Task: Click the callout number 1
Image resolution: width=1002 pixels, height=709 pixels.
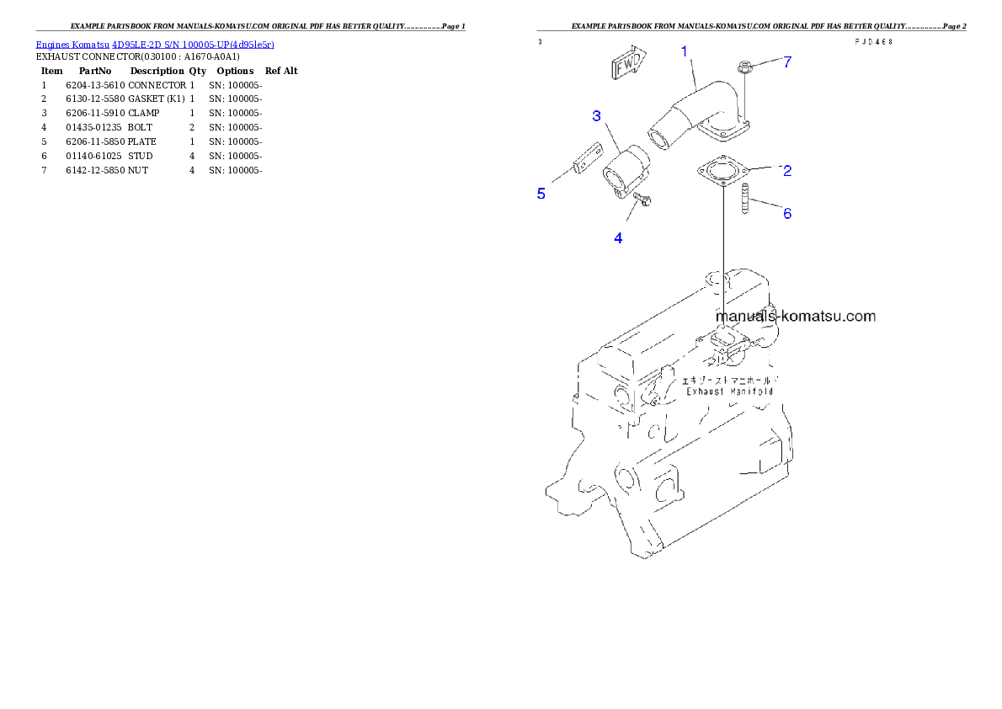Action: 685,51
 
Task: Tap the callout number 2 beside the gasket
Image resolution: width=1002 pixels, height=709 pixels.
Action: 787,172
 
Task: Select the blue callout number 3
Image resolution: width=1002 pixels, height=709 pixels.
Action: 596,116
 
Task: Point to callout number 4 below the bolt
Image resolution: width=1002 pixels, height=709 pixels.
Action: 618,238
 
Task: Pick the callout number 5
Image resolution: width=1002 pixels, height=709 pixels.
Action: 541,194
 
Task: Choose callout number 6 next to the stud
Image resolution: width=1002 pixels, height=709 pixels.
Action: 787,214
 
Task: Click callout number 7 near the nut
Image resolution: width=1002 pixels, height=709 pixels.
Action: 787,61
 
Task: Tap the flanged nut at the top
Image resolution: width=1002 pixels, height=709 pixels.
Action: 744,67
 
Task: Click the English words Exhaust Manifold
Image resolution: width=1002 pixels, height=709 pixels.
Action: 729,392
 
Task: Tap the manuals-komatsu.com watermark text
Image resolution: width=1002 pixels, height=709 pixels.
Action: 796,317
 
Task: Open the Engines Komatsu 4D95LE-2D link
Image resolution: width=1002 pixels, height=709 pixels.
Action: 155,44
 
